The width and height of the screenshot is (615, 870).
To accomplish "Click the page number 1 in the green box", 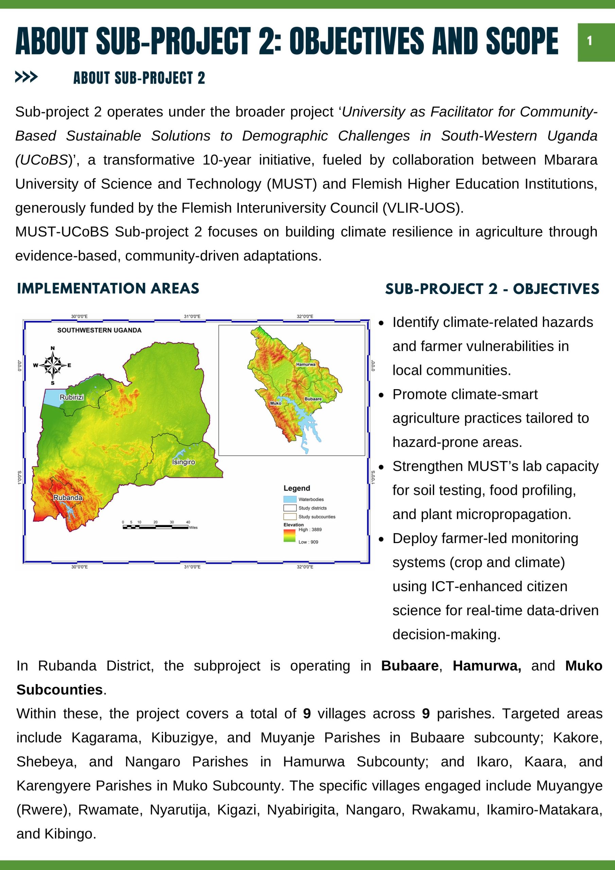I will (x=589, y=40).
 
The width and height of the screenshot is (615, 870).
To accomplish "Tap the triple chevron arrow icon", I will (x=26, y=77).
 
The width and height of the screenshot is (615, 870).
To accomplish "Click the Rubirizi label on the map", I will (x=72, y=397).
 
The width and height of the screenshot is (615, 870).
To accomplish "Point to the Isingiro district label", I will (x=183, y=462).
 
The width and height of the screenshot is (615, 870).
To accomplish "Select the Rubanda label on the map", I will (x=68, y=498).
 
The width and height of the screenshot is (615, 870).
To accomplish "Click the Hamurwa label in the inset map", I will (x=305, y=364).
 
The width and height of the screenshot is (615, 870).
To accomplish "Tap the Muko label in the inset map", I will (x=276, y=403).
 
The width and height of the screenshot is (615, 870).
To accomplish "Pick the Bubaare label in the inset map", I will (x=313, y=399).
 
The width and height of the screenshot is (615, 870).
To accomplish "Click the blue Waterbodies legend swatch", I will (x=290, y=499).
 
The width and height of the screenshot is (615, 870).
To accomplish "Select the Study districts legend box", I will (x=290, y=508).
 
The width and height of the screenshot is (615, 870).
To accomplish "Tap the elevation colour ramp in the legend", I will (x=289, y=535).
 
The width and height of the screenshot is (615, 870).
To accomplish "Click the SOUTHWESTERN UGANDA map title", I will (x=99, y=330).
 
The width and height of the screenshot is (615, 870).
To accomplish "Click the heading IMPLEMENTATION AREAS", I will (x=108, y=289).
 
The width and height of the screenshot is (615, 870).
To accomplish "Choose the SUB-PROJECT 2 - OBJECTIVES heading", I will (x=492, y=289).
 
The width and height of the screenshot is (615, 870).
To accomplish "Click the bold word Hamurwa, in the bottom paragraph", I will (x=487, y=665).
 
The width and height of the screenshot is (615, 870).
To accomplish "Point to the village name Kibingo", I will (x=69, y=834).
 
